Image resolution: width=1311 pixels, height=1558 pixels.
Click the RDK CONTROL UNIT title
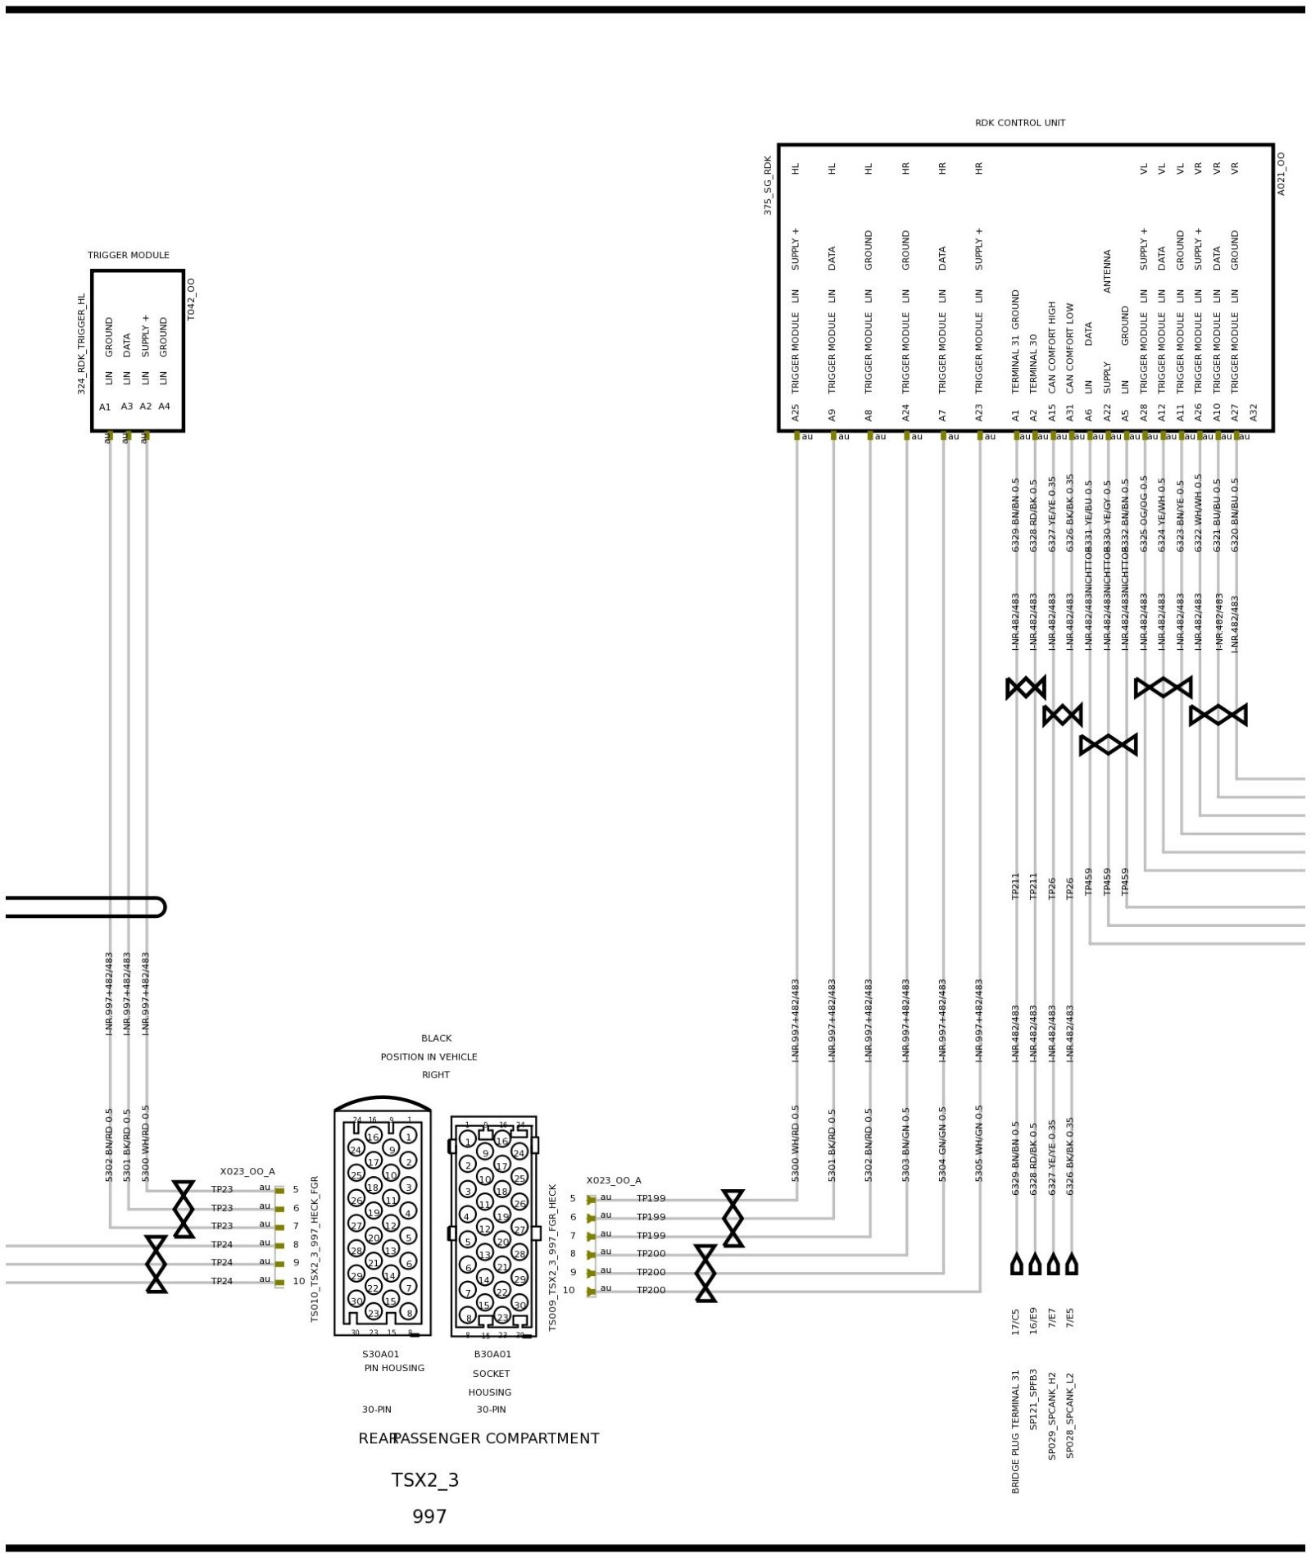point(1019,123)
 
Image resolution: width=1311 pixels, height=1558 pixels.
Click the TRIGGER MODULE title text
point(129,255)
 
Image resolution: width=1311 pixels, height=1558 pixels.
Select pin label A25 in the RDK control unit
point(795,412)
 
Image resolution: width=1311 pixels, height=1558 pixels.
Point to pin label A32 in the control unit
point(1253,412)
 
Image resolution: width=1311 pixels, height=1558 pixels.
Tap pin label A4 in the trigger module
point(164,407)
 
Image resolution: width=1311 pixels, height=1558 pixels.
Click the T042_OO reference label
point(192,299)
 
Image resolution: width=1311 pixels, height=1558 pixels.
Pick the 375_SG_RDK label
point(768,185)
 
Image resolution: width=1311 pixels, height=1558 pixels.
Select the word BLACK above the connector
point(436,1038)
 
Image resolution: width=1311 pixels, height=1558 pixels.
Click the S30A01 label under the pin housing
point(380,1354)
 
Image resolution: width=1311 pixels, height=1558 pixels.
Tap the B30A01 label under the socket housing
point(492,1354)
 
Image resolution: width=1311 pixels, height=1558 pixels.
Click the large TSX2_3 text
point(424,1480)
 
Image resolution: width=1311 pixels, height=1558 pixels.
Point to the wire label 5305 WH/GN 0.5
point(979,1144)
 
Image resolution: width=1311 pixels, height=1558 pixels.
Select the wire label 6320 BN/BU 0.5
point(1235,515)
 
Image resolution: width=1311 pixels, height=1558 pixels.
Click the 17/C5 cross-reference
point(1015,1321)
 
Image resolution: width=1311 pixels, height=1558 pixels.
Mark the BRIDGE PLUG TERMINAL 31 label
point(1015,1431)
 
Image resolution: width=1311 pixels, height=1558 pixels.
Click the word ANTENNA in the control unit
point(1107,271)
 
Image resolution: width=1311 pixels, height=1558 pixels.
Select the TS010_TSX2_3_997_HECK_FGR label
point(315,1249)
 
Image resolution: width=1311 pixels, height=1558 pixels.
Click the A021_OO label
point(1282,174)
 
